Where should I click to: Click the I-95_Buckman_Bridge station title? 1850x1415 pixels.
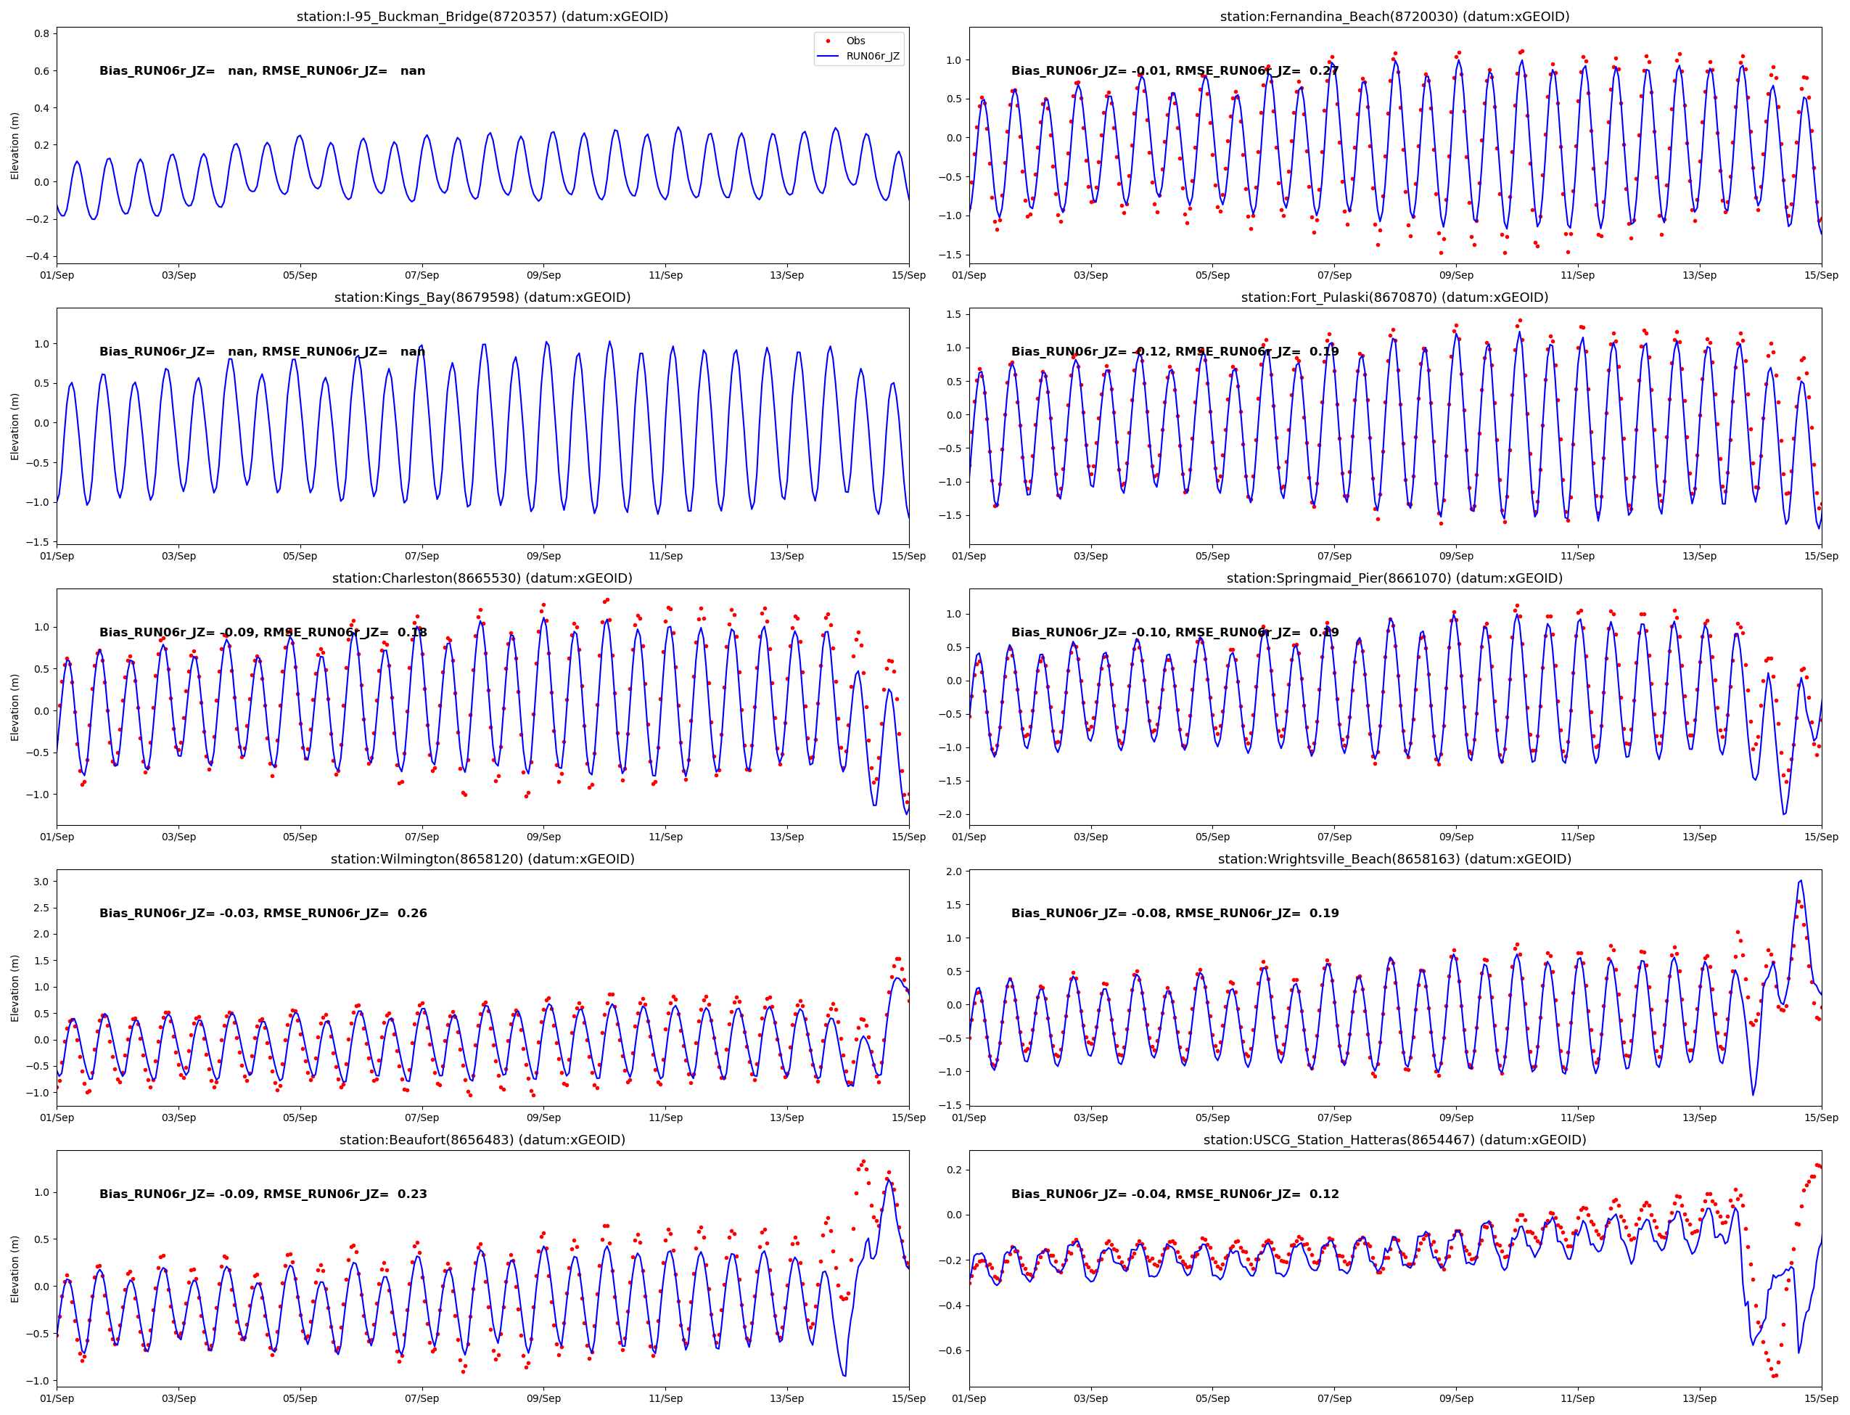(x=482, y=17)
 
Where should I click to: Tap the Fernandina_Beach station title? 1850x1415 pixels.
(x=1394, y=17)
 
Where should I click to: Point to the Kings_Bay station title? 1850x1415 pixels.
(x=482, y=298)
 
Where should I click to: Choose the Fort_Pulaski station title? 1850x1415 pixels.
(x=1394, y=298)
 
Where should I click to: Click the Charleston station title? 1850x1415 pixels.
(x=482, y=578)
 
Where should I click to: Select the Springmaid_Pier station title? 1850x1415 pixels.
(x=1394, y=578)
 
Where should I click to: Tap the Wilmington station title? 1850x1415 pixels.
(x=482, y=859)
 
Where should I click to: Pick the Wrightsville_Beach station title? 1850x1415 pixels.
(x=1394, y=859)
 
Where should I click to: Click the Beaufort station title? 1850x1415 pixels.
(x=482, y=1139)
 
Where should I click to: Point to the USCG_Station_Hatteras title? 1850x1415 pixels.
(x=1394, y=1139)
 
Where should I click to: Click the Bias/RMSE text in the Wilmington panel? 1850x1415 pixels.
(x=263, y=913)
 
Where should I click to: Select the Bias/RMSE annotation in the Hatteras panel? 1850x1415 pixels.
(x=1175, y=1194)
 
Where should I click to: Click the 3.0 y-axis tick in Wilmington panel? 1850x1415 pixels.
(x=41, y=882)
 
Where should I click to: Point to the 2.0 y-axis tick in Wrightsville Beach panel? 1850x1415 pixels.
(x=953, y=871)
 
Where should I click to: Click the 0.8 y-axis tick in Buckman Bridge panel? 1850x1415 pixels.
(x=41, y=33)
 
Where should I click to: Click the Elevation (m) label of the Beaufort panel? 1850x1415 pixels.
(x=15, y=1269)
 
